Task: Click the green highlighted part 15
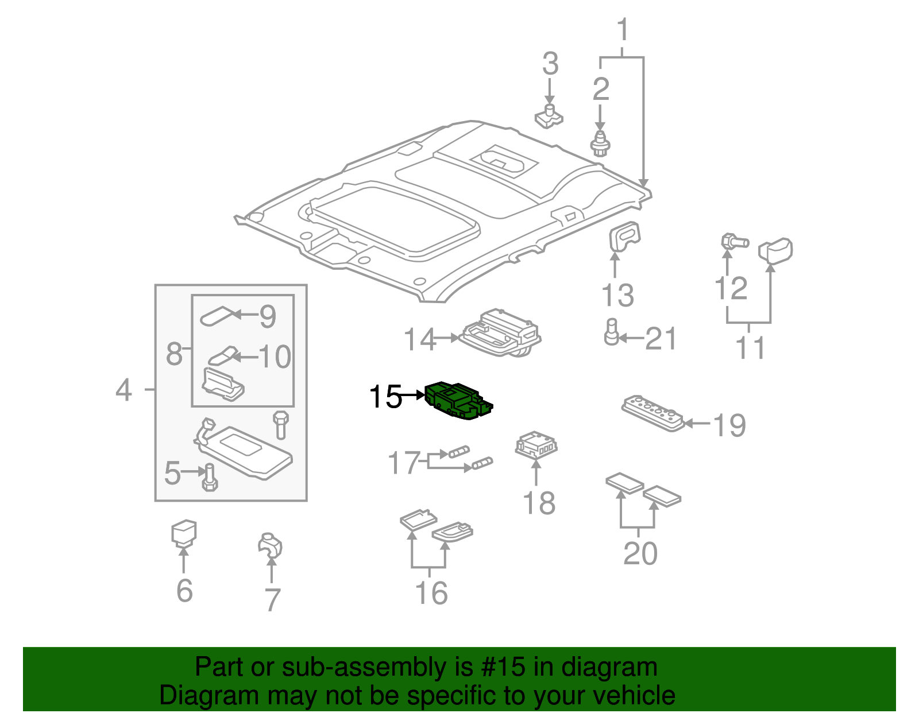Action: click(x=458, y=400)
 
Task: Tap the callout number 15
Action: click(x=385, y=397)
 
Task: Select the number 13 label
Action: click(x=617, y=296)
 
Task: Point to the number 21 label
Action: click(x=661, y=339)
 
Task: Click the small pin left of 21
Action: click(x=611, y=332)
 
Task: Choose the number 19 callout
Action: click(x=729, y=425)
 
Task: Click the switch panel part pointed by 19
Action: click(x=653, y=412)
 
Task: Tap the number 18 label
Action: click(x=539, y=503)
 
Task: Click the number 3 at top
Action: click(x=550, y=63)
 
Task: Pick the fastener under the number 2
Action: click(x=600, y=144)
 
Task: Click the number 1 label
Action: click(x=623, y=30)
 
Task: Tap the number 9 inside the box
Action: click(x=268, y=316)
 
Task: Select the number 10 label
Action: click(x=275, y=357)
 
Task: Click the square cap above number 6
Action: click(x=184, y=532)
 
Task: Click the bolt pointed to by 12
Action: click(x=733, y=241)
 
